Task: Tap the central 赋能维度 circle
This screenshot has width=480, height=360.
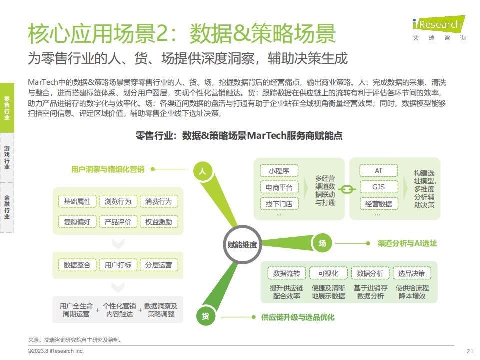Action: (x=242, y=245)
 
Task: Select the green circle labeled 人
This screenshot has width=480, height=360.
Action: (x=202, y=171)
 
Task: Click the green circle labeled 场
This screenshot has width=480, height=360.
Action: (x=322, y=243)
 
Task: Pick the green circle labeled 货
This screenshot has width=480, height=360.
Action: (x=205, y=316)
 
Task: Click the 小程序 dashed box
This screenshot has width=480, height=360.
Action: (x=279, y=171)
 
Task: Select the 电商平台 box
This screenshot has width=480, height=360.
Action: (x=279, y=187)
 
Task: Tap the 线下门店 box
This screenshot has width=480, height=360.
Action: (x=279, y=204)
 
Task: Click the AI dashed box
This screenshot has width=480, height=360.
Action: (x=378, y=171)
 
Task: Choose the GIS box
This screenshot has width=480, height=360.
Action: (x=378, y=187)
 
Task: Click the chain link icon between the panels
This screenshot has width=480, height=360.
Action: (x=347, y=190)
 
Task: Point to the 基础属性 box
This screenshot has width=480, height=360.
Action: (x=77, y=201)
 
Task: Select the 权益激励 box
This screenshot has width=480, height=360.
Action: (x=158, y=222)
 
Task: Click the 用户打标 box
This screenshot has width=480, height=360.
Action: (x=118, y=265)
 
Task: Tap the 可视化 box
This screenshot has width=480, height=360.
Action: (x=328, y=273)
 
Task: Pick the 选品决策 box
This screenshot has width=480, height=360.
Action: (x=411, y=273)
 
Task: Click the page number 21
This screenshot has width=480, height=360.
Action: (x=470, y=351)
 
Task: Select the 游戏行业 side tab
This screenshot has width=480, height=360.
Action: (x=7, y=158)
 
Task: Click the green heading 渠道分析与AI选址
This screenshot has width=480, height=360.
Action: (x=407, y=243)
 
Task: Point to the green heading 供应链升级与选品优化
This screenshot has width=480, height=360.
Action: (x=298, y=317)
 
